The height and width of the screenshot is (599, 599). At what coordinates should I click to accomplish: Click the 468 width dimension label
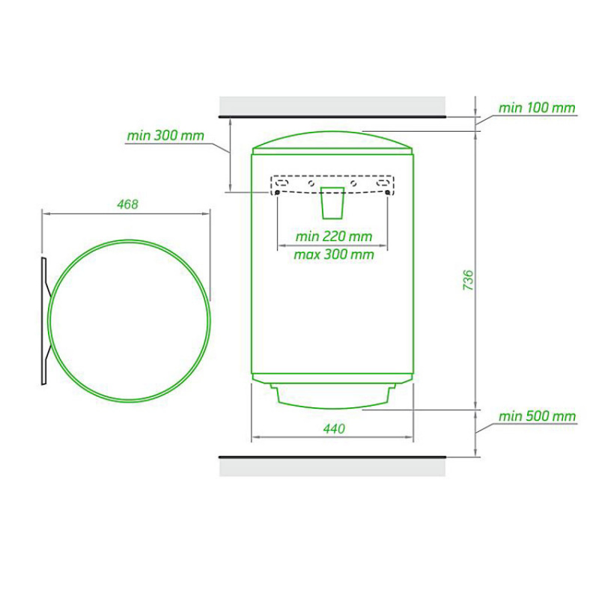pos(127,204)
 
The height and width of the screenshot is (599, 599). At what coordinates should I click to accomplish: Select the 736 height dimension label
pos(468,280)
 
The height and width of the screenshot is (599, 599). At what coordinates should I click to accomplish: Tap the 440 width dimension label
pos(334,428)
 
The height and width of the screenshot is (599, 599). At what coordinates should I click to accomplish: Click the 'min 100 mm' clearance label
pos(537,108)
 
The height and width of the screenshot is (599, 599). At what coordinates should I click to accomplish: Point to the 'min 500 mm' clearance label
pos(537,416)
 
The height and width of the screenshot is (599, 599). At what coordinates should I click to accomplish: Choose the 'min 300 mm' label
pos(165,136)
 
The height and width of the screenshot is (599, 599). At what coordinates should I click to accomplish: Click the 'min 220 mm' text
pos(333,237)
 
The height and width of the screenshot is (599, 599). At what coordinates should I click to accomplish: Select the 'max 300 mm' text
pos(333,255)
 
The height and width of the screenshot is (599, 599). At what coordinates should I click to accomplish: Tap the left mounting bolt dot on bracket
pos(277,192)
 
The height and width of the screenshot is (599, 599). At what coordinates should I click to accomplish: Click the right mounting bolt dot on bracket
pos(388,192)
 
